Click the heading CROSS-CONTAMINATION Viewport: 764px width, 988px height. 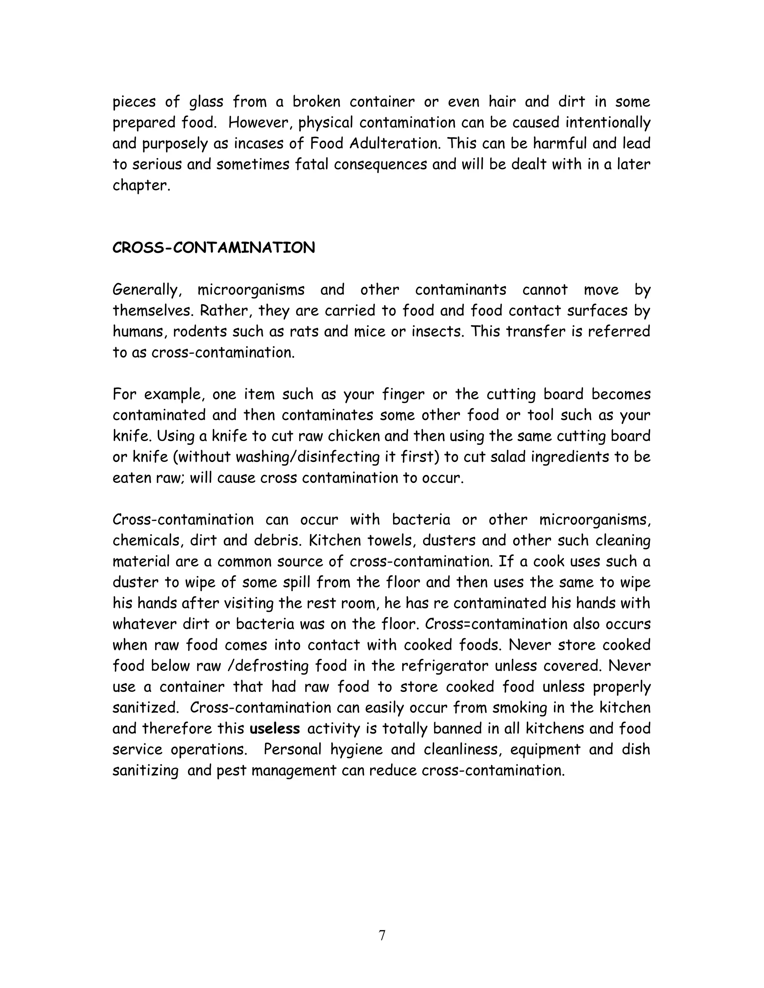(214, 248)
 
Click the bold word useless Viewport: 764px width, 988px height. (275, 729)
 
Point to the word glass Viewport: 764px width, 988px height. (206, 102)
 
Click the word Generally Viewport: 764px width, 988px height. (147, 290)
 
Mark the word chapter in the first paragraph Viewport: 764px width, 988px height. (141, 185)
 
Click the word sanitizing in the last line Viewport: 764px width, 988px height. (145, 770)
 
